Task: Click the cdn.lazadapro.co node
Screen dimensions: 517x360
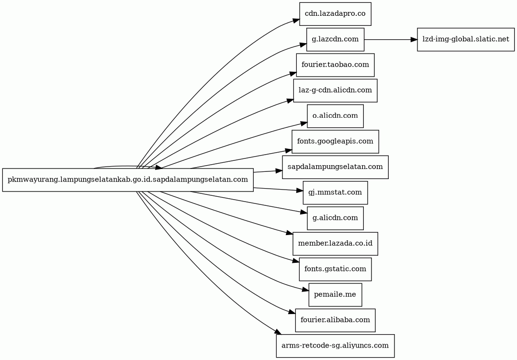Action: tap(335, 14)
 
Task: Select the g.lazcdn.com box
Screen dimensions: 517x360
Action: tap(335, 40)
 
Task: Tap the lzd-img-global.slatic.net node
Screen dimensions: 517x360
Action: tap(466, 40)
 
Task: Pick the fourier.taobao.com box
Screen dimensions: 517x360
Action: tap(335, 65)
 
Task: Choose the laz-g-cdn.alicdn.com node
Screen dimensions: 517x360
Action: tap(335, 90)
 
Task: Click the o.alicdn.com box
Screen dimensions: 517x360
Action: tap(335, 116)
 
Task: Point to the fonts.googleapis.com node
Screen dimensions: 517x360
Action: tap(335, 142)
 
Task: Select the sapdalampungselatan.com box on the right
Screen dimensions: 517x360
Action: tap(335, 167)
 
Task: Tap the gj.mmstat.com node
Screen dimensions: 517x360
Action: tap(335, 193)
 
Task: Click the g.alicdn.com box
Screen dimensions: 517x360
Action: tap(335, 218)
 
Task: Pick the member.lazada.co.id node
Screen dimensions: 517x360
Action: tap(335, 244)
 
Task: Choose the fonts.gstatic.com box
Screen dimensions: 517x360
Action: tap(335, 270)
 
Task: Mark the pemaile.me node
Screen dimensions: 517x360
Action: tap(335, 295)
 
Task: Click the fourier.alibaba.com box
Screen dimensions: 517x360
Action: tap(335, 320)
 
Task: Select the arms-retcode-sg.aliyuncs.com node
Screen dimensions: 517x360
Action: tap(335, 346)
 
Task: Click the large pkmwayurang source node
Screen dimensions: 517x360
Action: tap(128, 180)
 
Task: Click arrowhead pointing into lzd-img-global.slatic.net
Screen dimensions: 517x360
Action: tap(414, 40)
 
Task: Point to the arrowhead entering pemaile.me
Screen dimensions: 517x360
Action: tap(305, 290)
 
